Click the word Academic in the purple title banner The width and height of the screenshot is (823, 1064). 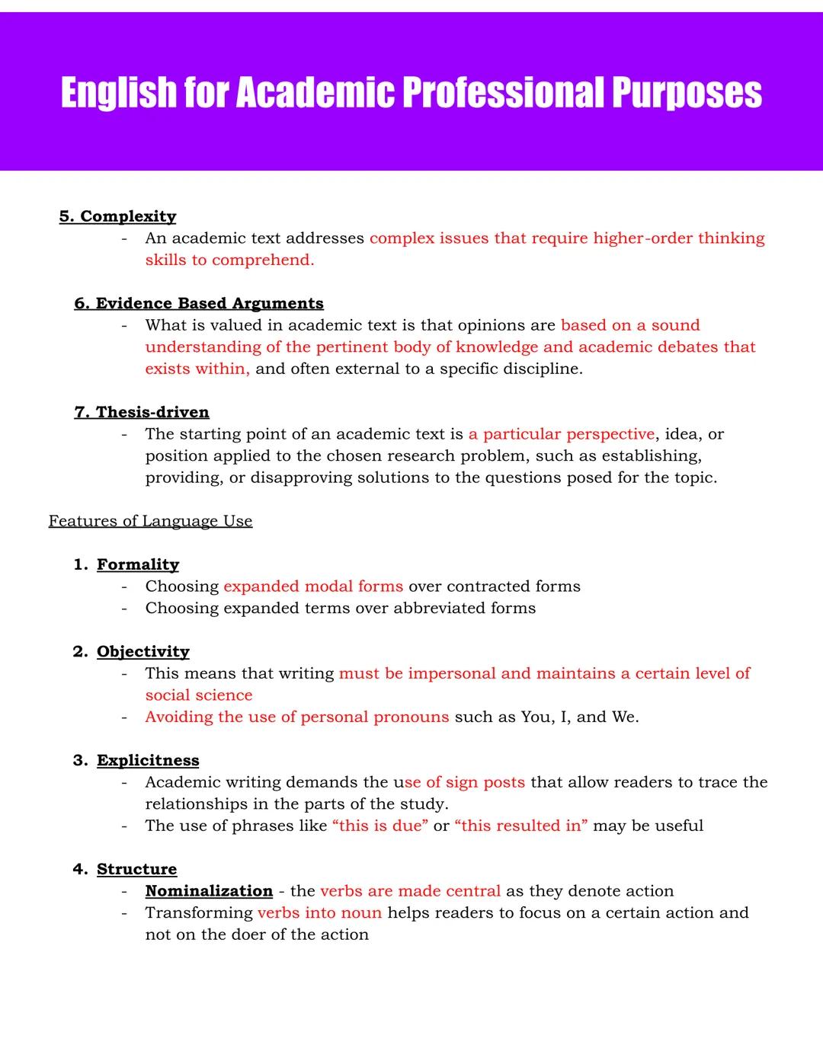(x=315, y=93)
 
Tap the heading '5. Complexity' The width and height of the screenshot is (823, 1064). (x=117, y=216)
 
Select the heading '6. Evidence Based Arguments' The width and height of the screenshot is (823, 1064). (x=199, y=303)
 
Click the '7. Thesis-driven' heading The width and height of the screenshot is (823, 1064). (x=142, y=412)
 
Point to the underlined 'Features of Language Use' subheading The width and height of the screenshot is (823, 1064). (x=150, y=521)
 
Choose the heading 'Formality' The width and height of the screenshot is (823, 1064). (x=138, y=564)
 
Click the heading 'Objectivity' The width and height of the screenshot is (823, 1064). (x=143, y=651)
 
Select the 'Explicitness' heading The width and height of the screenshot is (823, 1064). (x=148, y=760)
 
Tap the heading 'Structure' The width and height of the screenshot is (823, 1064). (x=136, y=869)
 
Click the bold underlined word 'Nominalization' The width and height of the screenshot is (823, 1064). (x=209, y=891)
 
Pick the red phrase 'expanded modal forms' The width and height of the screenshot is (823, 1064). (x=313, y=586)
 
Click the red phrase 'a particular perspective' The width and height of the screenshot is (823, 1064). (x=561, y=434)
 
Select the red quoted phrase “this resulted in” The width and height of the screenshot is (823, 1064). (x=521, y=826)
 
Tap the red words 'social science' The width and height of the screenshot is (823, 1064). (x=199, y=695)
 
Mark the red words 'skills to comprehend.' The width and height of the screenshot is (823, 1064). (x=229, y=260)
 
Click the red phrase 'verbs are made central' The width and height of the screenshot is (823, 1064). (x=410, y=891)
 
